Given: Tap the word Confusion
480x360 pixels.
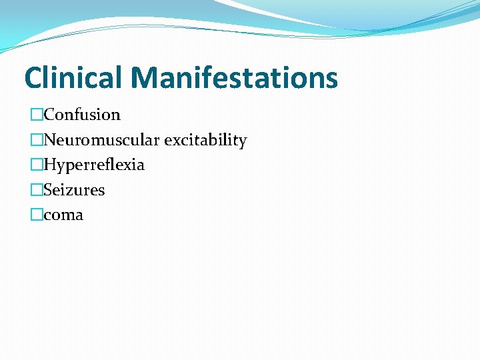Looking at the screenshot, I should [x=82, y=115].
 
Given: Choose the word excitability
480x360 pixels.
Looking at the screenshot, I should [x=205, y=140].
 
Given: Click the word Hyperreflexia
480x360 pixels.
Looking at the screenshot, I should [x=94, y=165].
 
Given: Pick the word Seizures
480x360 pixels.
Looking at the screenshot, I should [x=75, y=190].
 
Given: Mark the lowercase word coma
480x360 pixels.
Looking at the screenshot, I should [x=64, y=215].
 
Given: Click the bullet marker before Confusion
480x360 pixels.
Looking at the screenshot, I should [x=36, y=115].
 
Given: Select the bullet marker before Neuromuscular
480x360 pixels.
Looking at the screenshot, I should [x=36, y=140].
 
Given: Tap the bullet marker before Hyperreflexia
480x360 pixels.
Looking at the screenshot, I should [x=36, y=165].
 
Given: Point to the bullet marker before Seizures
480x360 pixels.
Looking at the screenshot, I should [x=36, y=190].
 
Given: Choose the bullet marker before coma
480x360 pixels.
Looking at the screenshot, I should [x=36, y=215].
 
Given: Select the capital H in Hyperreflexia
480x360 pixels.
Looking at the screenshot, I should [x=50, y=164].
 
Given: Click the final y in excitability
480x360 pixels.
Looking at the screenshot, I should [x=243, y=142].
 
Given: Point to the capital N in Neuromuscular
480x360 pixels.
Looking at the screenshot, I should [x=50, y=140].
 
